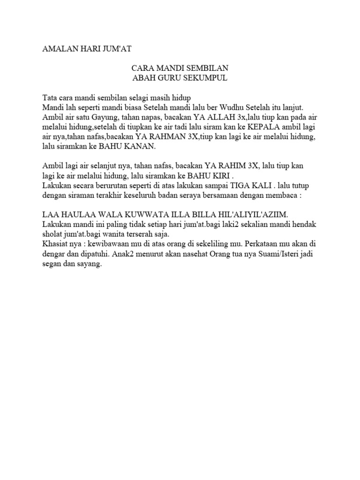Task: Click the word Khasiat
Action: point(56,243)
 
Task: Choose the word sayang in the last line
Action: point(90,263)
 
